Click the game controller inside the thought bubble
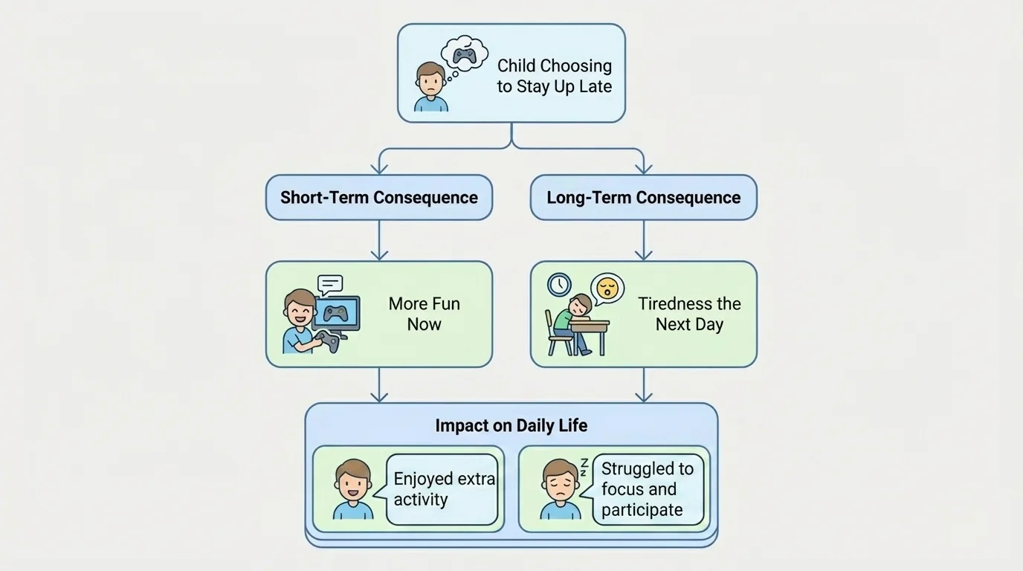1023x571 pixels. pyautogui.click(x=465, y=56)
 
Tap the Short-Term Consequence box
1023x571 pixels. pyautogui.click(x=379, y=198)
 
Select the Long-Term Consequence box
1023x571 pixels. pyautogui.click(x=643, y=198)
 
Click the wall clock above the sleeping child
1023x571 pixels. pyautogui.click(x=559, y=284)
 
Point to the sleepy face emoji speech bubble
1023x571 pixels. pyautogui.click(x=607, y=288)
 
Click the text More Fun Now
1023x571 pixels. pyautogui.click(x=424, y=314)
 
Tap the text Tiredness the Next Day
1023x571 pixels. pyautogui.click(x=689, y=314)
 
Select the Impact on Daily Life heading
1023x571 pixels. pyautogui.click(x=511, y=425)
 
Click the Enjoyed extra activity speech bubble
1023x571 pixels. pyautogui.click(x=443, y=489)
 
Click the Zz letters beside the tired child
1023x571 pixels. pyautogui.click(x=584, y=468)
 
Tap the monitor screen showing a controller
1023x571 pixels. pyautogui.click(x=337, y=312)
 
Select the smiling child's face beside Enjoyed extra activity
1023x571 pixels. pyautogui.click(x=353, y=483)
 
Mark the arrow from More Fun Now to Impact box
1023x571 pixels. pyautogui.click(x=379, y=385)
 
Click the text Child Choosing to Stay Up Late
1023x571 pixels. pyautogui.click(x=554, y=76)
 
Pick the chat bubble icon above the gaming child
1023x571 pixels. pyautogui.click(x=330, y=283)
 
